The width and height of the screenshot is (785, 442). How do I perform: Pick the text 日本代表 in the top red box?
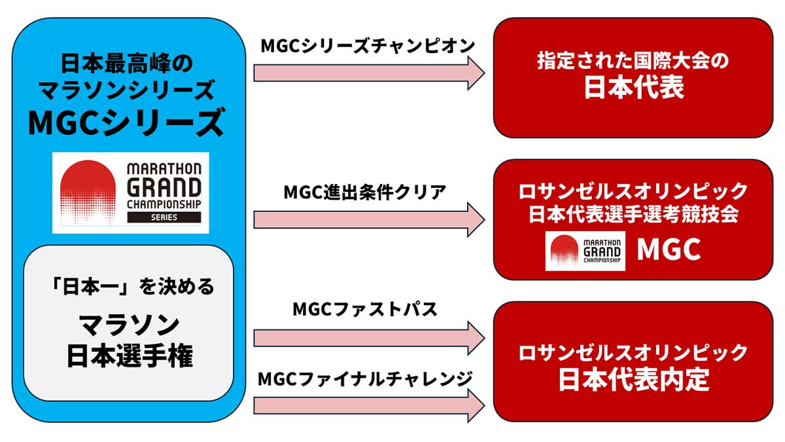click(633, 87)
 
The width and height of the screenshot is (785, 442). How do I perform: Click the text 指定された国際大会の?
click(633, 61)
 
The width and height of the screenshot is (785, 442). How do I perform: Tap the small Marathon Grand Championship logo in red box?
click(585, 250)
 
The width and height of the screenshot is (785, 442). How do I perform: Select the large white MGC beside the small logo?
click(669, 249)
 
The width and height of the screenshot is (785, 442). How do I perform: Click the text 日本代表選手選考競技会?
click(633, 214)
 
